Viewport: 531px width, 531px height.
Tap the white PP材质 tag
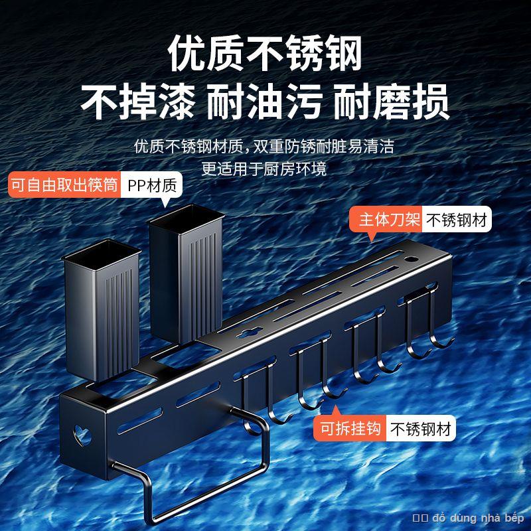[150, 184]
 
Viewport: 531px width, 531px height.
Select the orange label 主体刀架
[388, 220]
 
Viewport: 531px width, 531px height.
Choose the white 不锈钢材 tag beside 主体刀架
[457, 220]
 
